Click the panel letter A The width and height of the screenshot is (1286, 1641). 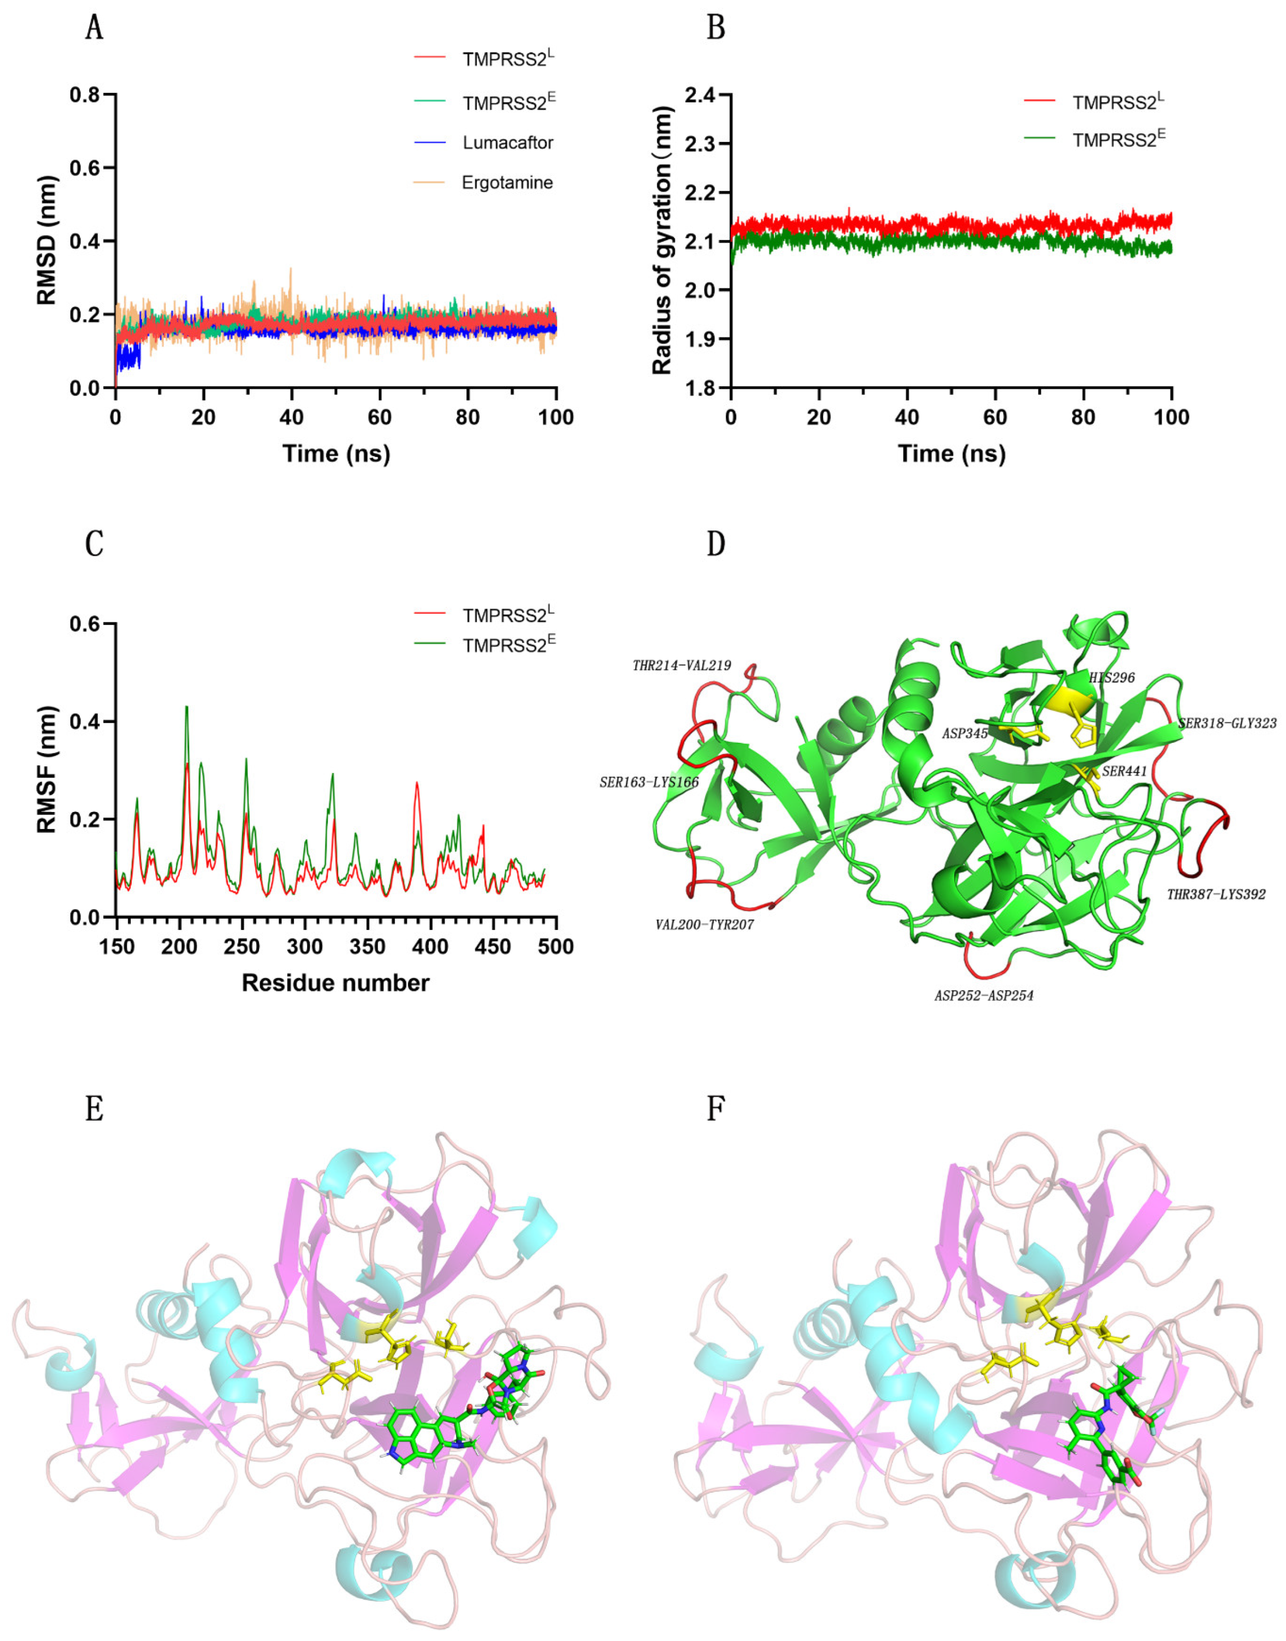[94, 28]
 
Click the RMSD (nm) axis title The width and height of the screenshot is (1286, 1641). [46, 241]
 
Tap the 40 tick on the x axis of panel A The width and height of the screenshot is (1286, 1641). [291, 417]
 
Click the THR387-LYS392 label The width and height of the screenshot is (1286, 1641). [1216, 894]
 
